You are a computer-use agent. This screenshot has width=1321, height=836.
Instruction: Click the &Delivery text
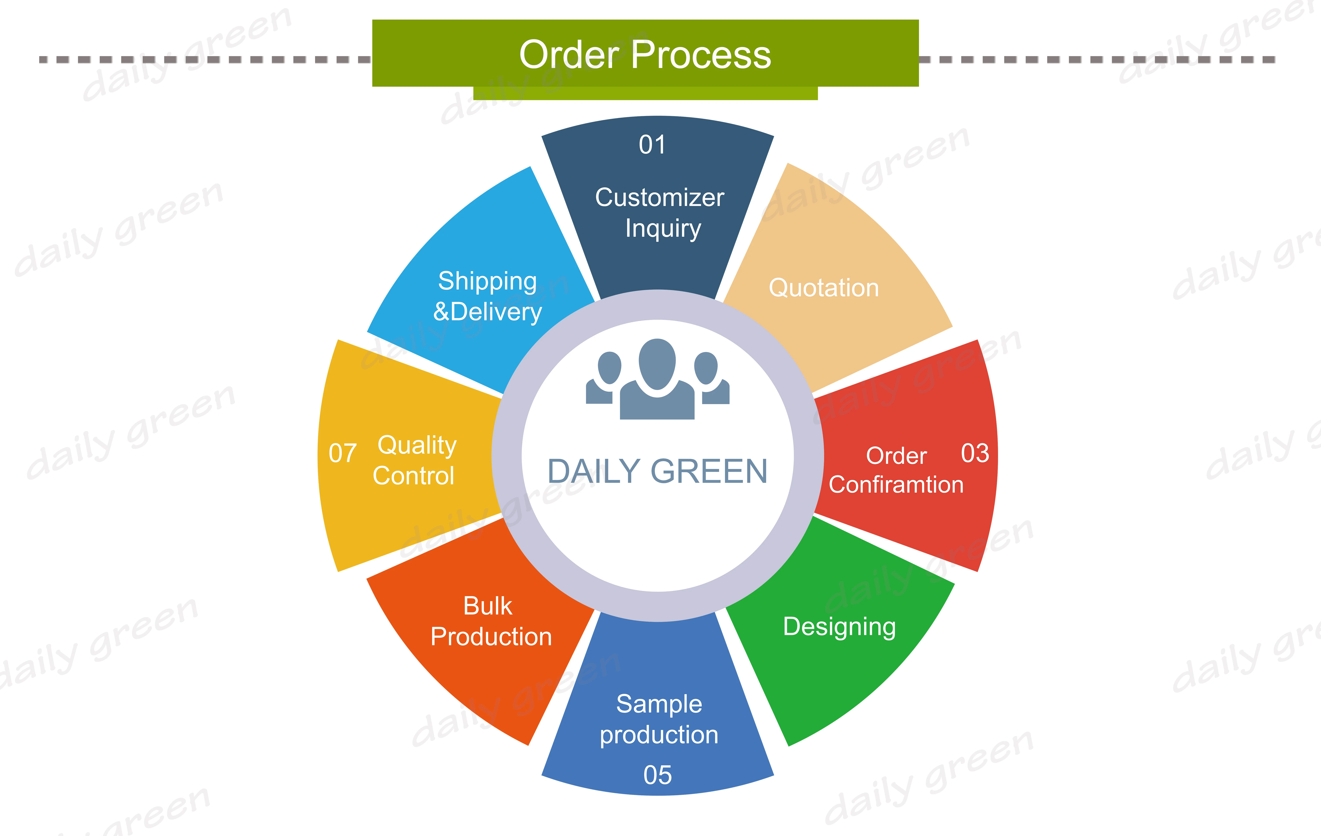[487, 312]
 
